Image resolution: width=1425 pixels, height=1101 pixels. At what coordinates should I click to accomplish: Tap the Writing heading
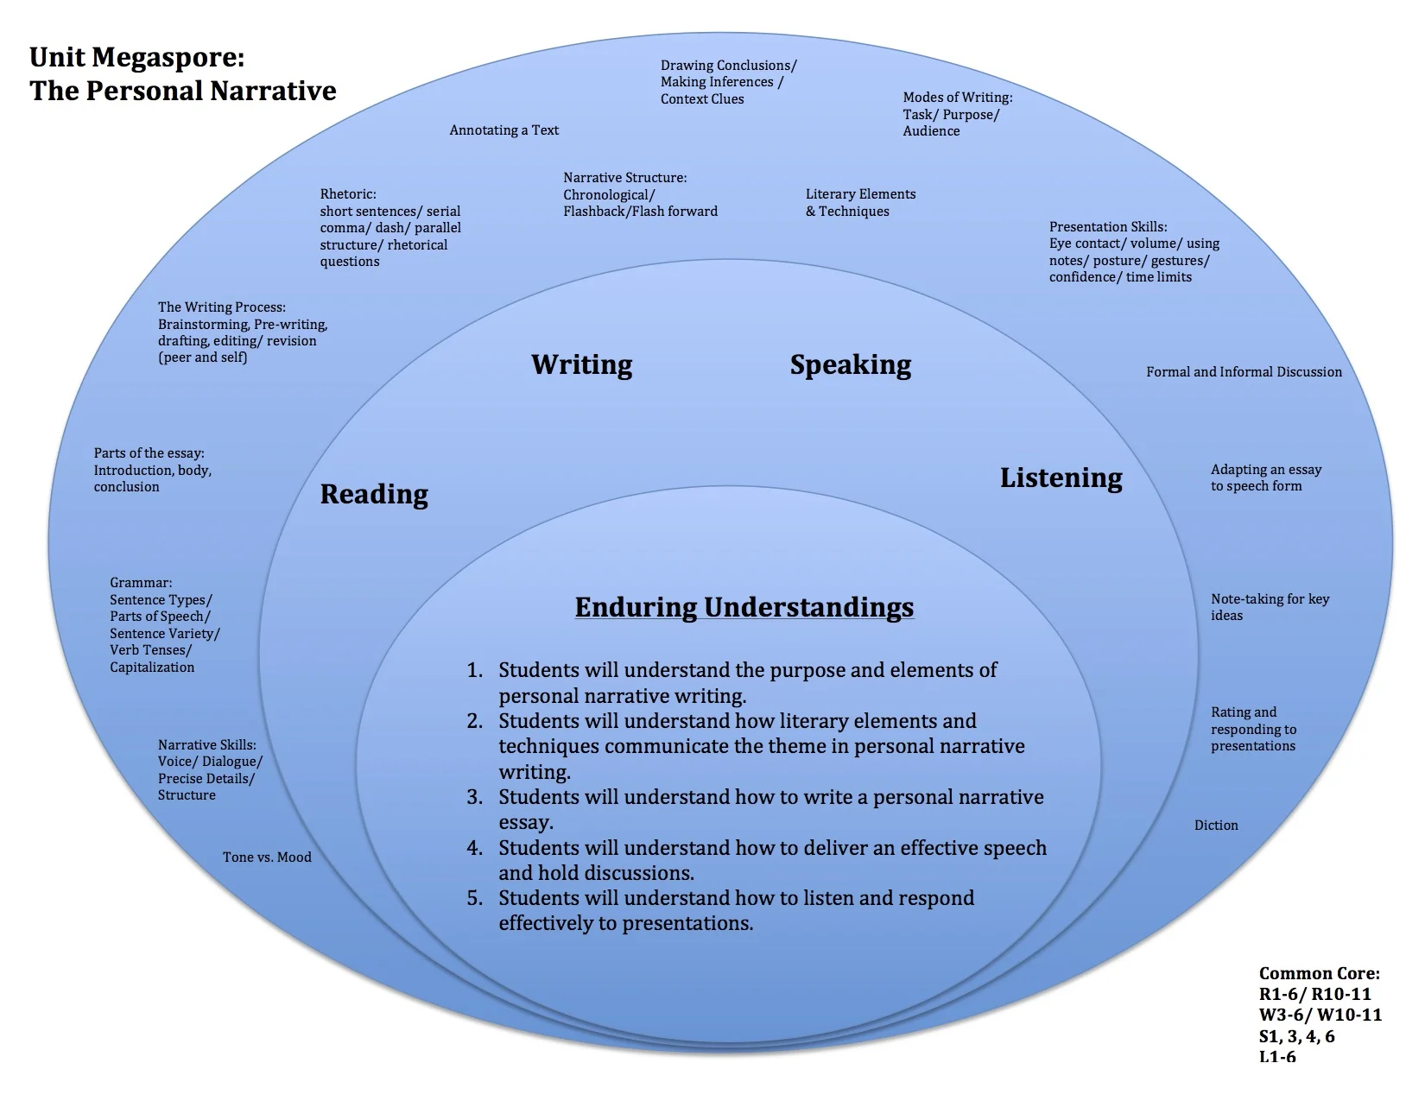[x=581, y=364]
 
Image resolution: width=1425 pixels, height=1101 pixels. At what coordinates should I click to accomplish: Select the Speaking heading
[x=850, y=365]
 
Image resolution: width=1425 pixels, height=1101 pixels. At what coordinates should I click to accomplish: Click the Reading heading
[x=374, y=494]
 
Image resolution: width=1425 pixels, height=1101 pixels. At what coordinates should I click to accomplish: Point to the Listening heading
[x=1061, y=478]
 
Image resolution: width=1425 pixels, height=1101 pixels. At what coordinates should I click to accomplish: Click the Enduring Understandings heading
[x=744, y=607]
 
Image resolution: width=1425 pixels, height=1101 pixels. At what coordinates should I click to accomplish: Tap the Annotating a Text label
[x=503, y=130]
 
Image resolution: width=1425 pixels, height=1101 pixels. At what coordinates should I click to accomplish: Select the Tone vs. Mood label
[x=267, y=857]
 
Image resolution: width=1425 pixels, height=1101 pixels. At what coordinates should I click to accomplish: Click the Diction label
[x=1216, y=826]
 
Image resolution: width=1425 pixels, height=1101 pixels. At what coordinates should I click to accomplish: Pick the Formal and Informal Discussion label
[x=1244, y=372]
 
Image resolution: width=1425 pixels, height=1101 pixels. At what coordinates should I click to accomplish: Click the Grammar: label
[x=141, y=583]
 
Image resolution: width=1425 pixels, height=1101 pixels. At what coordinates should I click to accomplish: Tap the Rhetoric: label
[x=348, y=194]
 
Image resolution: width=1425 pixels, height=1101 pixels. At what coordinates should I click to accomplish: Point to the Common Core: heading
[x=1319, y=973]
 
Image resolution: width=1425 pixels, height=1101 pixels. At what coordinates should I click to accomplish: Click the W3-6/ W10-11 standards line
[x=1320, y=1016]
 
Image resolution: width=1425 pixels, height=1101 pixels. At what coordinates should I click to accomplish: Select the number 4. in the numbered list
[x=475, y=848]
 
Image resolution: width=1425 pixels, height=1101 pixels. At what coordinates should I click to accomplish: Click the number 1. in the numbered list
[x=475, y=670]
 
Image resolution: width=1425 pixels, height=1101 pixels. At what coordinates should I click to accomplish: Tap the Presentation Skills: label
[x=1108, y=227]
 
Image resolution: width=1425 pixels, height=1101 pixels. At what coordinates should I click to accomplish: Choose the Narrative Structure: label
[x=625, y=178]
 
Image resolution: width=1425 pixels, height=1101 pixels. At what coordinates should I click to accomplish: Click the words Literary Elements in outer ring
[x=860, y=194]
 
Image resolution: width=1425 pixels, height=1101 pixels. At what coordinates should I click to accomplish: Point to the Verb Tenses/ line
[x=150, y=650]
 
